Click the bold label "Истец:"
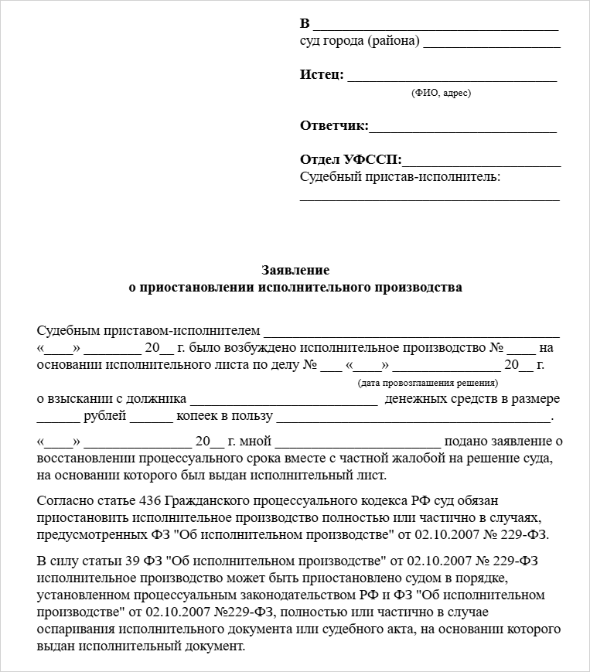pos(321,75)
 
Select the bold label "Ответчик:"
pos(334,126)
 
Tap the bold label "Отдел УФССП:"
pos(350,160)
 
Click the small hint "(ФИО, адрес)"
pos(442,93)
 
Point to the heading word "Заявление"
pos(295,270)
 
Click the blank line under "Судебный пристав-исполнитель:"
pos(429,199)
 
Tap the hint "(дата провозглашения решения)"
pos(428,383)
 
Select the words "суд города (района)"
pos(360,41)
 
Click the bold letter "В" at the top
pos(305,22)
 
